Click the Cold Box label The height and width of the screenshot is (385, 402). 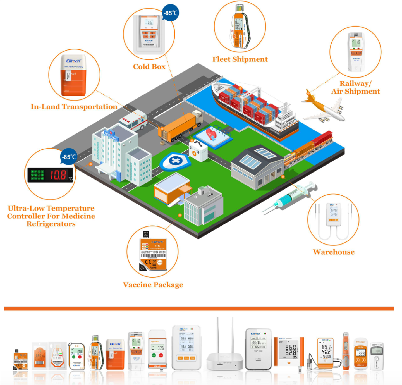pos(149,67)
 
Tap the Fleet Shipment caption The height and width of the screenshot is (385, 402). pos(240,59)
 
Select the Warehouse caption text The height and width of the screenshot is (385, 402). pos(334,252)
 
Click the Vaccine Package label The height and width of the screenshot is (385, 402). pos(153,285)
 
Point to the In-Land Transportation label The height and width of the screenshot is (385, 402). pos(74,107)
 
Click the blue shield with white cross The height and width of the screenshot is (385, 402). pos(175,161)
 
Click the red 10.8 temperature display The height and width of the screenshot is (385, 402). pos(58,175)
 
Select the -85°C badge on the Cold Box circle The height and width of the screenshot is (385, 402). pos(170,13)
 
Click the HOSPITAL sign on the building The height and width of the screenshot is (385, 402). pos(111,135)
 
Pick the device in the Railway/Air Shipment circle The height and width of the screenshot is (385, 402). pos(355,52)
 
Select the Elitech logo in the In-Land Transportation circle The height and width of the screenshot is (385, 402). pos(73,61)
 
